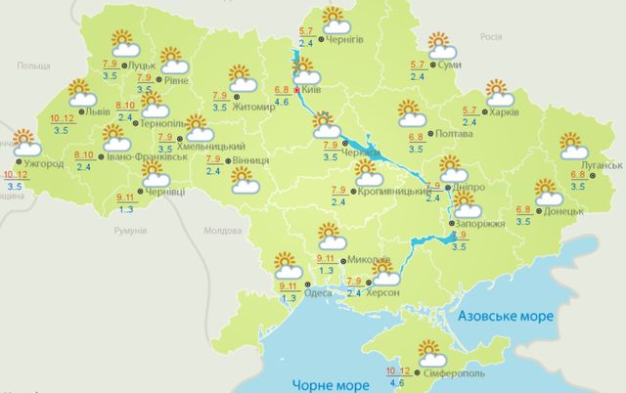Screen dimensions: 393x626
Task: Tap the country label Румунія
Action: (x=128, y=231)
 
